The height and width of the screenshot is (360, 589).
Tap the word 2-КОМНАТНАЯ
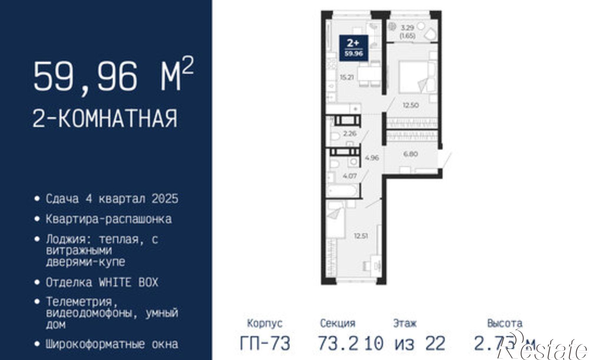pyautogui.click(x=105, y=119)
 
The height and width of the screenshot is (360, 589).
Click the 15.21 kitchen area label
pyautogui.click(x=347, y=77)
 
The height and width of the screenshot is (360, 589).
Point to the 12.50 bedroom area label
pyautogui.click(x=411, y=105)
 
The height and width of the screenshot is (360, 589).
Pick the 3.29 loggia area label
pyautogui.click(x=408, y=28)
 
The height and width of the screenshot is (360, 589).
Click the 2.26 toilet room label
pyautogui.click(x=350, y=133)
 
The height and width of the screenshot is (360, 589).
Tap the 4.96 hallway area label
pyautogui.click(x=372, y=158)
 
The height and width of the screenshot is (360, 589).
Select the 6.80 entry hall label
pyautogui.click(x=410, y=154)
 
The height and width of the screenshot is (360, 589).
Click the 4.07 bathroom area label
pyautogui.click(x=350, y=176)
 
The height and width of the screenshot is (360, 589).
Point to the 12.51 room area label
pyautogui.click(x=361, y=235)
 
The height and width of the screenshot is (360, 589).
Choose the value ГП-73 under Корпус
pyautogui.click(x=265, y=343)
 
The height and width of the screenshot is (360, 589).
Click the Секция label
pyautogui.click(x=337, y=323)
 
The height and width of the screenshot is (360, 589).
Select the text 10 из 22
pyautogui.click(x=405, y=343)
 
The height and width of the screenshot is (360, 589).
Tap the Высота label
pyautogui.click(x=505, y=323)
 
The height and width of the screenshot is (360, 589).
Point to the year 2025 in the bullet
pyautogui.click(x=165, y=199)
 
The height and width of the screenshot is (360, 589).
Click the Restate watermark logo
pyautogui.click(x=542, y=349)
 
